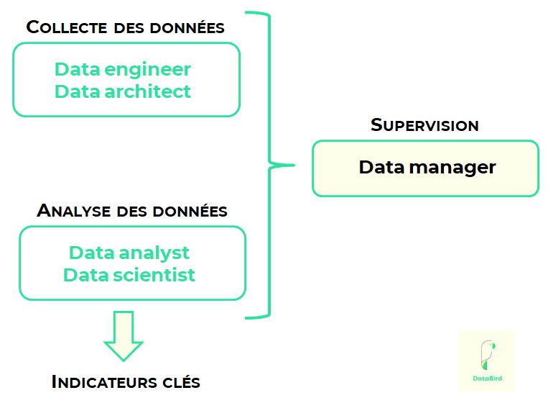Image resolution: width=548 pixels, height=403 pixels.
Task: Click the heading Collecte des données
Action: point(126,28)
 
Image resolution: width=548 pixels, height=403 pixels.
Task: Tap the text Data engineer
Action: point(123,70)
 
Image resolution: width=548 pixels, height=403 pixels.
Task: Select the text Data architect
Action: point(123,91)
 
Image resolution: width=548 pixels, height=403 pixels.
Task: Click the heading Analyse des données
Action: point(132,211)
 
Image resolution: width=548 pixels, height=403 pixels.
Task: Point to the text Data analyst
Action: point(129,253)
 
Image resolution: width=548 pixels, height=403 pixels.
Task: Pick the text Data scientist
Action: point(129,275)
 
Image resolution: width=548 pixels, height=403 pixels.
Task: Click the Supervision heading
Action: point(424,124)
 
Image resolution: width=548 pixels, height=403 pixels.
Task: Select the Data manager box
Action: point(425,168)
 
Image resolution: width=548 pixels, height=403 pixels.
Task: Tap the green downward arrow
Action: point(124,335)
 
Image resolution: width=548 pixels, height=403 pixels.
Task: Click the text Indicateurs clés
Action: point(126,381)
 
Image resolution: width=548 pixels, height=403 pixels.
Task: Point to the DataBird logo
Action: point(486,360)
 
